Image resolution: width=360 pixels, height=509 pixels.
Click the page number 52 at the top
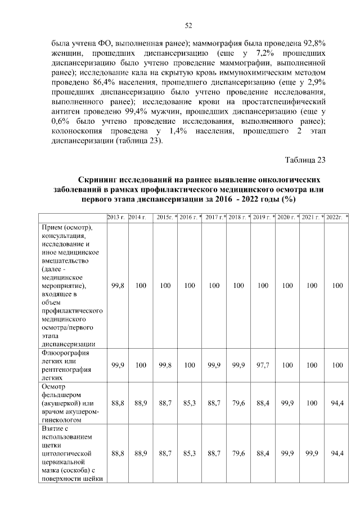(x=189, y=24)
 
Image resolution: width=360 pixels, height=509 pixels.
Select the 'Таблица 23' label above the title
(x=305, y=160)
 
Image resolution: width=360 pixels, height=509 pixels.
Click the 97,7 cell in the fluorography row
(x=263, y=366)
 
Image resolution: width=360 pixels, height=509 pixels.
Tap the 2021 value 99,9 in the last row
(x=312, y=453)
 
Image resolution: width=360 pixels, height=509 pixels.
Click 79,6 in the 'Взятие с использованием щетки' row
(x=238, y=453)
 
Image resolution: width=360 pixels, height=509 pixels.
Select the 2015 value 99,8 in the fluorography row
(x=165, y=366)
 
